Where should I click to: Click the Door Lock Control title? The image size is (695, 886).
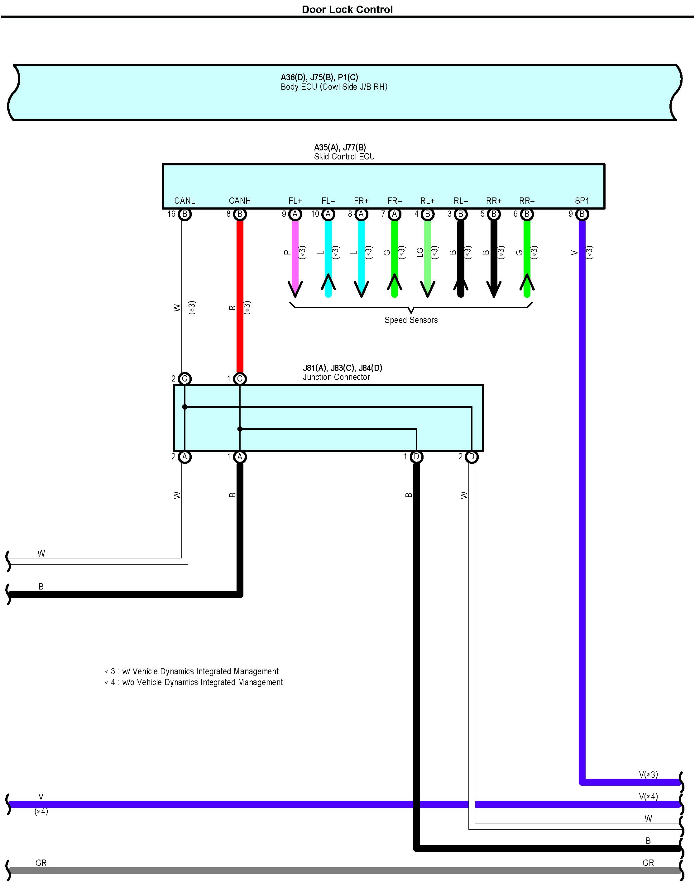[x=347, y=9]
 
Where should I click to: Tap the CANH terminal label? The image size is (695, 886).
[x=240, y=201]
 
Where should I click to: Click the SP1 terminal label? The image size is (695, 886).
[x=582, y=201]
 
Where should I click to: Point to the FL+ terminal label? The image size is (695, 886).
[x=295, y=201]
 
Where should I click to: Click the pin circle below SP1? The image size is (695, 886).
[x=582, y=214]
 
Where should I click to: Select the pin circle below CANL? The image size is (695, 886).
[x=185, y=214]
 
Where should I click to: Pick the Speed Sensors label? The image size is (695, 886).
[x=411, y=320]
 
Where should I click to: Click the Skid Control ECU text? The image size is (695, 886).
[x=344, y=157]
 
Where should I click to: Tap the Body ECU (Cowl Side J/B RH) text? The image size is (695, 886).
[x=334, y=87]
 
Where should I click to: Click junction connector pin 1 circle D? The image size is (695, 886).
[x=416, y=457]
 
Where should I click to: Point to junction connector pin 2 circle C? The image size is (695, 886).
[x=185, y=379]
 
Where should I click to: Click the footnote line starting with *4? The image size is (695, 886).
[x=194, y=682]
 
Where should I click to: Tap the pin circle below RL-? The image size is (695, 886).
[x=461, y=214]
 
